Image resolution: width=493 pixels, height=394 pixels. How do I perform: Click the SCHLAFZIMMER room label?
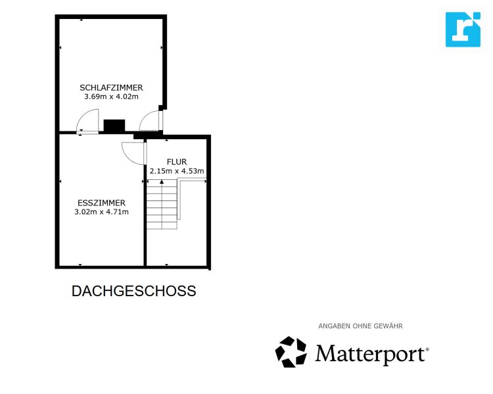coord(111,87)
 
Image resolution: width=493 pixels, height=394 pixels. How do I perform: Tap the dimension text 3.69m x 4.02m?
coord(111,97)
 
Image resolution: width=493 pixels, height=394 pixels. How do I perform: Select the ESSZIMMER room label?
coord(101,202)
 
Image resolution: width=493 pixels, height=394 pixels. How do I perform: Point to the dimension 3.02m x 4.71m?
coord(102,211)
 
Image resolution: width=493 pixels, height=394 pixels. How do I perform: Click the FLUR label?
coord(177,162)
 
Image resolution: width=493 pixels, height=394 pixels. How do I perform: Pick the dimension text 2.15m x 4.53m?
coord(177,171)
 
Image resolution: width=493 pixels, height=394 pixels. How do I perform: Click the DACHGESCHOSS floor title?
coord(133,291)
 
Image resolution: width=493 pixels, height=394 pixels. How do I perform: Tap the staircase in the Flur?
coord(162,205)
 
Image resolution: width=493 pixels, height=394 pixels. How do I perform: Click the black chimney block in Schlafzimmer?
coord(114,125)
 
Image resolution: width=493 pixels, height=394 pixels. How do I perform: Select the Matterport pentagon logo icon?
coord(291,352)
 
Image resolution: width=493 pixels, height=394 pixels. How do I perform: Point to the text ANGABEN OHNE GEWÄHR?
coord(360,326)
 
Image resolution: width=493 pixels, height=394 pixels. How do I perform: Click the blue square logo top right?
coord(463,30)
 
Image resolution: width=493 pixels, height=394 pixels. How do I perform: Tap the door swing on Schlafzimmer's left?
coord(87,123)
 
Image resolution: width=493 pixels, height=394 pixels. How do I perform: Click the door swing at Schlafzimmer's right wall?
coord(151,122)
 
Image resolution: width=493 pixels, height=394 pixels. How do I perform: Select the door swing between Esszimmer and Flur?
coord(133,152)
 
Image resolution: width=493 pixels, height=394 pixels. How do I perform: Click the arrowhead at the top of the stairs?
coord(162,182)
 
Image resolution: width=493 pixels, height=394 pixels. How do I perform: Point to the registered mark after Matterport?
coord(427,350)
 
